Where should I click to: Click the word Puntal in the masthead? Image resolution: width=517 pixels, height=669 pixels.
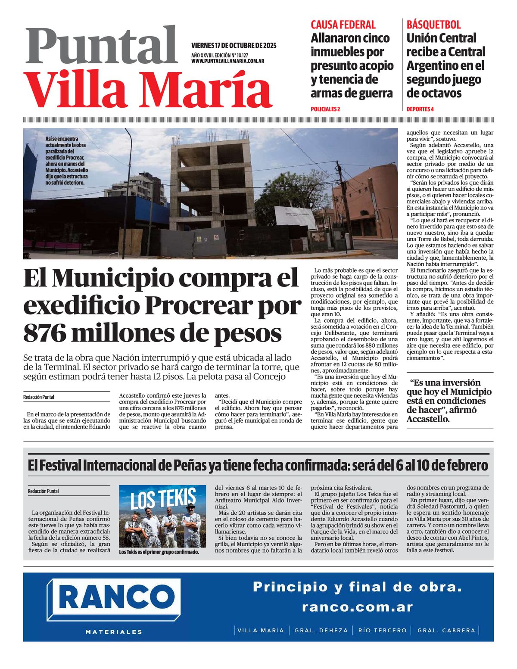[102, 47]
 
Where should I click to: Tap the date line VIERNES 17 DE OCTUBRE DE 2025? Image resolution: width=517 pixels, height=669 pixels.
[234, 46]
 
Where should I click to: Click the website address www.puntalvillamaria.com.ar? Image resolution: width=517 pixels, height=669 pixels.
[227, 61]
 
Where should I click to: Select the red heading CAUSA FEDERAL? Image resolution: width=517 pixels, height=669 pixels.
[343, 25]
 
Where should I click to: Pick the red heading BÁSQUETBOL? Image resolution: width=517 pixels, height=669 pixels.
[433, 25]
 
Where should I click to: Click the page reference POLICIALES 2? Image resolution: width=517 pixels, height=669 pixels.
[325, 109]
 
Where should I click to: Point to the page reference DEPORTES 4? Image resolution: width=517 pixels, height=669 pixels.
[420, 109]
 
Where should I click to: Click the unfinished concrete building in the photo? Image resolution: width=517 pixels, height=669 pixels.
[211, 181]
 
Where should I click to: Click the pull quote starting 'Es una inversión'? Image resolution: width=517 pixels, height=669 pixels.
[449, 401]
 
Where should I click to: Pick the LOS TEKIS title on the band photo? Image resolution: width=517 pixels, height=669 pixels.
[163, 500]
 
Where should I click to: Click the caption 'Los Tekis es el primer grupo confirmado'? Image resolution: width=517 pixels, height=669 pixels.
[159, 552]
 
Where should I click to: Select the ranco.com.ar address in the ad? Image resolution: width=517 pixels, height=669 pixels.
[357, 607]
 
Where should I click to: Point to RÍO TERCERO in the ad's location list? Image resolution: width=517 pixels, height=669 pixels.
[382, 630]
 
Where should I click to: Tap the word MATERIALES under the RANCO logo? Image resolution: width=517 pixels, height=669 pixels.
[114, 632]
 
